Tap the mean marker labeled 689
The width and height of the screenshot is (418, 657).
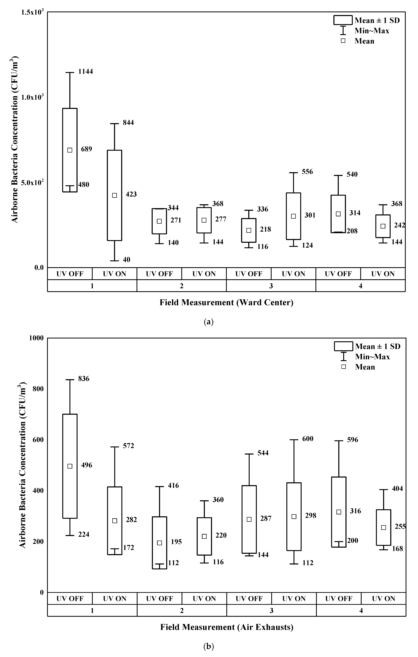point(70,150)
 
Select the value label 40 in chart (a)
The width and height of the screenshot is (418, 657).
point(126,259)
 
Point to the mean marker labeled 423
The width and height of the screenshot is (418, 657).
point(114,195)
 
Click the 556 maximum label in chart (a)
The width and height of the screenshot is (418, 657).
point(307,172)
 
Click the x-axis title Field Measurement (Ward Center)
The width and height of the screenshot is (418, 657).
point(226,303)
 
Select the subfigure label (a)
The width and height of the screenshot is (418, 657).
point(209,322)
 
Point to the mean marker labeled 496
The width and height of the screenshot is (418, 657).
point(70,466)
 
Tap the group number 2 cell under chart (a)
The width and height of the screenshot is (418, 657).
point(181,286)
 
